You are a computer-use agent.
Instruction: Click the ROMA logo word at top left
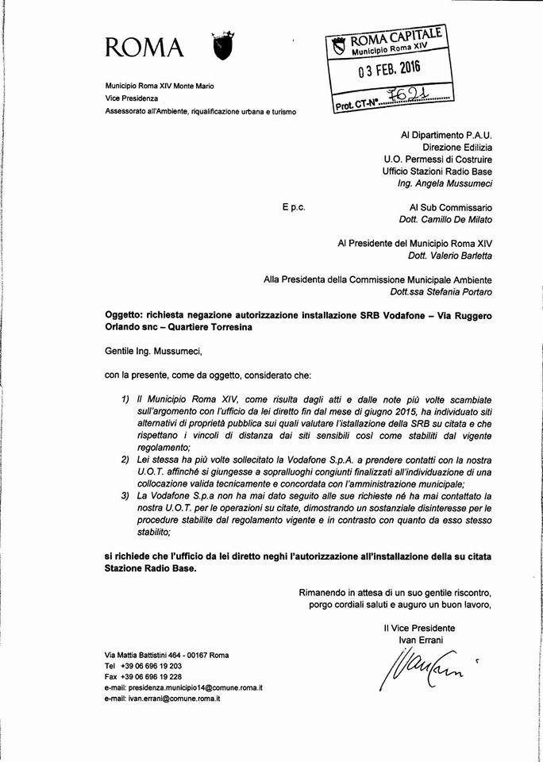[146, 48]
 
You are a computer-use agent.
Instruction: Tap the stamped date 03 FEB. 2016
[388, 69]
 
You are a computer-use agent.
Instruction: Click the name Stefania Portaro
[462, 291]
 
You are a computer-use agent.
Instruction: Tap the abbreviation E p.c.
[293, 206]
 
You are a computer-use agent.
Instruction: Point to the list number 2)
[127, 460]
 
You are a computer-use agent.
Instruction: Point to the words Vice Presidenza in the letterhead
[132, 98]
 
